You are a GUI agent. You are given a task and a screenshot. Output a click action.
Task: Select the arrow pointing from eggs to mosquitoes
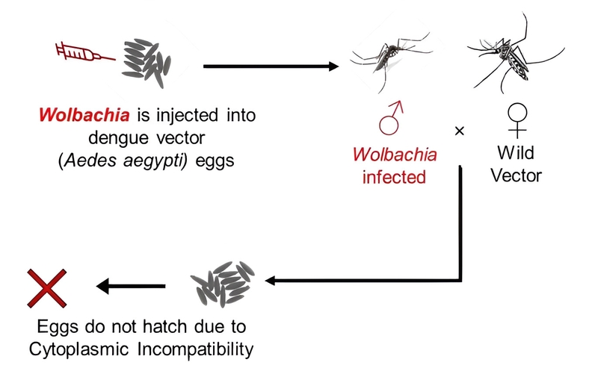pyautogui.click(x=270, y=66)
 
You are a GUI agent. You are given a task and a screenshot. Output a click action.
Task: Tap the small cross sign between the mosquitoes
pyautogui.click(x=460, y=131)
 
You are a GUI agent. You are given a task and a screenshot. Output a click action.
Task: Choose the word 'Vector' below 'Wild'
pyautogui.click(x=517, y=177)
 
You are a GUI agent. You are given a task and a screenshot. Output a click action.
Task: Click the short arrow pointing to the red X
pyautogui.click(x=131, y=285)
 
